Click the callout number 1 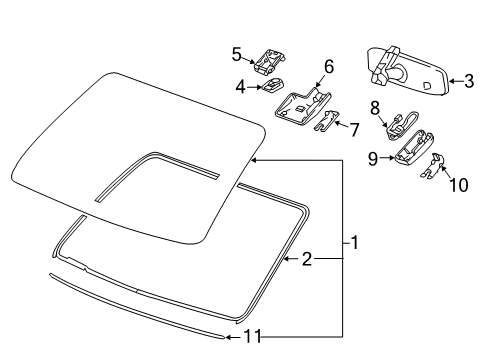354,242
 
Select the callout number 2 307,260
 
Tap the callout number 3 468,82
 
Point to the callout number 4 240,87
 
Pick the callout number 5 236,53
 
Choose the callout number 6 327,68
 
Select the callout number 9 373,157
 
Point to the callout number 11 254,336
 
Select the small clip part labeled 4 274,87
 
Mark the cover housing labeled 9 411,148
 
